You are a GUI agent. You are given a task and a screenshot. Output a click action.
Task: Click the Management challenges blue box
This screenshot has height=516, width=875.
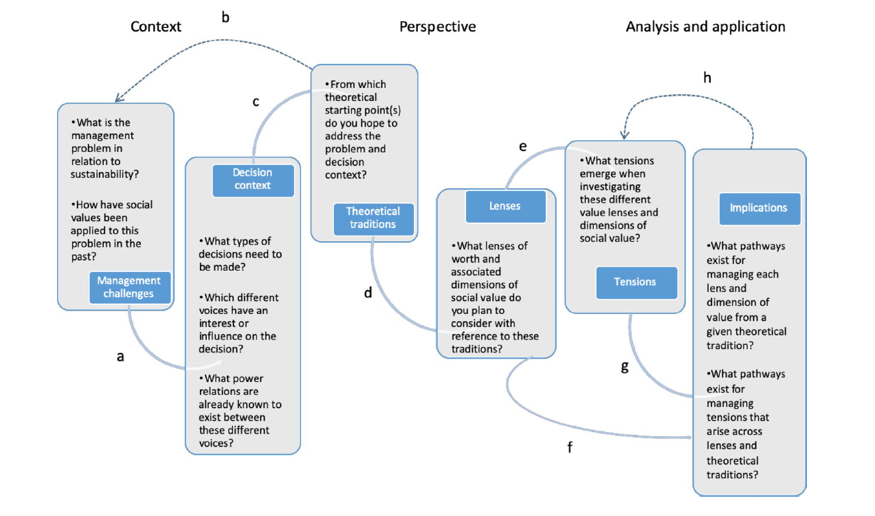pos(129,287)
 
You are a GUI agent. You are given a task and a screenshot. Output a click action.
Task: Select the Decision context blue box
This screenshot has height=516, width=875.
pos(252,179)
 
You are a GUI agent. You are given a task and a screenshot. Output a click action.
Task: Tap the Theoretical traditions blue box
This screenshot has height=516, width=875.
pos(372,218)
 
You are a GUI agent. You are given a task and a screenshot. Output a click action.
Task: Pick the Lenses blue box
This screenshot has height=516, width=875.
pos(505,206)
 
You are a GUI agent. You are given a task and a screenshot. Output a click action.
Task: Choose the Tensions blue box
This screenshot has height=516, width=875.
pos(635,282)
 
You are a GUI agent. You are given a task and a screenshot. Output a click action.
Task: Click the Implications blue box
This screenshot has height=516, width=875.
pos(759,207)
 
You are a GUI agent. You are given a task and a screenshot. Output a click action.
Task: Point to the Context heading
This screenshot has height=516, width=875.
pos(156,27)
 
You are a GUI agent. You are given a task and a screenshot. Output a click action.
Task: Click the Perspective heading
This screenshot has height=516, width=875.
pos(437,27)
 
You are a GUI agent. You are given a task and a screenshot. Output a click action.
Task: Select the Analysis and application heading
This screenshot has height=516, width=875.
pos(705,27)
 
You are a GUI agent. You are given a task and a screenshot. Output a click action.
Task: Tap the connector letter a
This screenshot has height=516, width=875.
pos(120,357)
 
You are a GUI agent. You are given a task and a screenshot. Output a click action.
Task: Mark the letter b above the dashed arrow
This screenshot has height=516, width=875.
pos(225,17)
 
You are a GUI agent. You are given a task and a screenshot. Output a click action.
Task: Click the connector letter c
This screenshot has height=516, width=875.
pos(256,102)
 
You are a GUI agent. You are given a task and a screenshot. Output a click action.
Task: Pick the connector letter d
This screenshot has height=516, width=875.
pos(368,293)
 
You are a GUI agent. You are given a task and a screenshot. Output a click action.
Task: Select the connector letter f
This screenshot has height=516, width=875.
pos(569,448)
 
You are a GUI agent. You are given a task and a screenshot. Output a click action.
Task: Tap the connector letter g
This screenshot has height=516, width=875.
pos(624,367)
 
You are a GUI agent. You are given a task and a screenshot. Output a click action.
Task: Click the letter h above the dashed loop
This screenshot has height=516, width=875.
pos(707,78)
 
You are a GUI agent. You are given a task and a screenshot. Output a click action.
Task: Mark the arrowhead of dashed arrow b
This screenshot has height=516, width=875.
pos(117,100)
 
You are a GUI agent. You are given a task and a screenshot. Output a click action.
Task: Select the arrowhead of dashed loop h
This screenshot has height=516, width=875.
pos(624,135)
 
